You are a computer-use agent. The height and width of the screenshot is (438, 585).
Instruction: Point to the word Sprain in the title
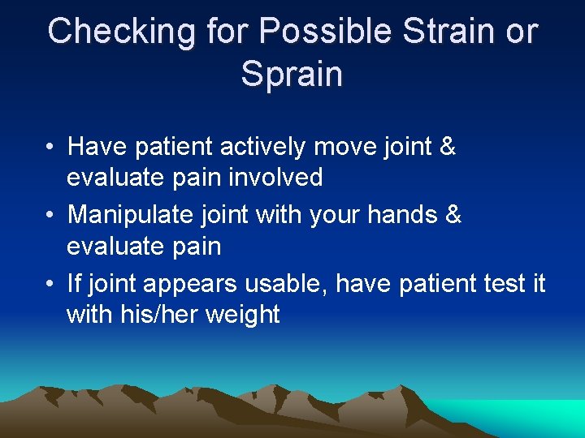coord(292,74)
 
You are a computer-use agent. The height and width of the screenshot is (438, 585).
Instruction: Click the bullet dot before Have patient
coord(50,148)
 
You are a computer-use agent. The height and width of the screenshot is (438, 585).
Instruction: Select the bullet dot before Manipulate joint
coord(50,217)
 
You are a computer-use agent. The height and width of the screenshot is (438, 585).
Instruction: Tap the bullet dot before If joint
coord(50,286)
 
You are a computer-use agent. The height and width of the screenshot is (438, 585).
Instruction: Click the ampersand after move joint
coord(446,147)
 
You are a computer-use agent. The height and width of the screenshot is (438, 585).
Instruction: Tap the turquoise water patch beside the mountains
coord(536,414)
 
